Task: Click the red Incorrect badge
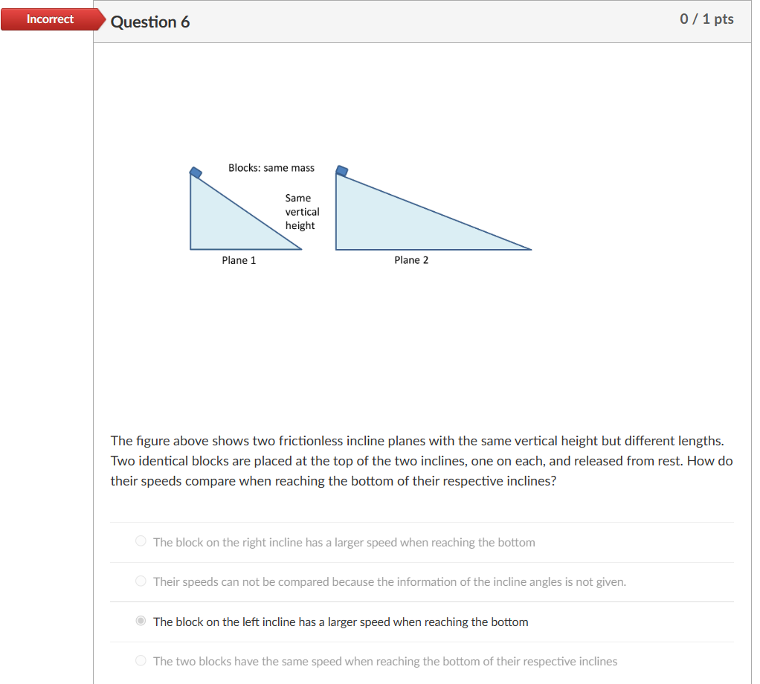point(50,19)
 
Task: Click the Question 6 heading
point(150,22)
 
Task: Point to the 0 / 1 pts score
point(706,19)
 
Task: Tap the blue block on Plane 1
point(196,172)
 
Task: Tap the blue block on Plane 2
point(342,171)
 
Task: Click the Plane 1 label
point(239,260)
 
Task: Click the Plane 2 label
point(411,260)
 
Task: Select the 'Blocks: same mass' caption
point(271,168)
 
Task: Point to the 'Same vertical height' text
point(301,212)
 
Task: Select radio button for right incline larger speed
point(141,542)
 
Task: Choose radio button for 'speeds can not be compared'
point(141,581)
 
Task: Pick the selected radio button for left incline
point(141,622)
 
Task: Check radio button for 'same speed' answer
point(141,661)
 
